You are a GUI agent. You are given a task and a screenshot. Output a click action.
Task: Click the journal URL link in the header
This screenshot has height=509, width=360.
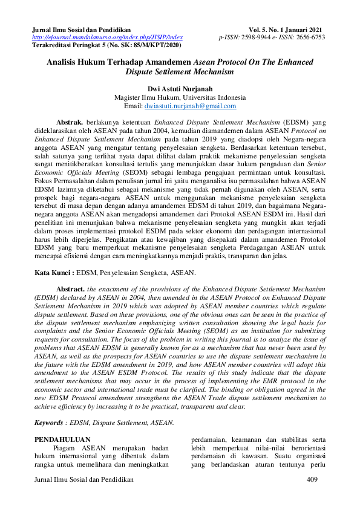point(106,37)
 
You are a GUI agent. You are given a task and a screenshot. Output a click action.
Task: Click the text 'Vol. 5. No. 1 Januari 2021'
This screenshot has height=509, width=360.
point(285,30)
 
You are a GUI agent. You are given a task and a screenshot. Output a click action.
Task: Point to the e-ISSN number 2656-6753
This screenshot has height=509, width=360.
point(309,37)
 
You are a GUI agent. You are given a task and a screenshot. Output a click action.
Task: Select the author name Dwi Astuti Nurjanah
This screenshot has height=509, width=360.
point(180,88)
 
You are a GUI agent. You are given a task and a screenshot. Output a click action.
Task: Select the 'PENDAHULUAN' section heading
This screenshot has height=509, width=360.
point(62,439)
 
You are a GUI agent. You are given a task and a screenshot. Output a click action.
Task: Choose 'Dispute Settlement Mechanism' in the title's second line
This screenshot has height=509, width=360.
point(180,71)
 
